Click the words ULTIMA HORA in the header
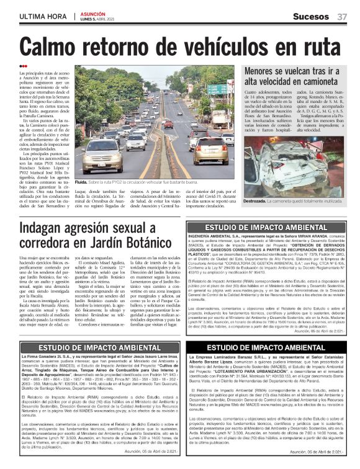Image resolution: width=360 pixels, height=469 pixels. (42, 16)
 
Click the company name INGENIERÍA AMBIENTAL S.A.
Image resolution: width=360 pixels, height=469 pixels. (217, 238)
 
